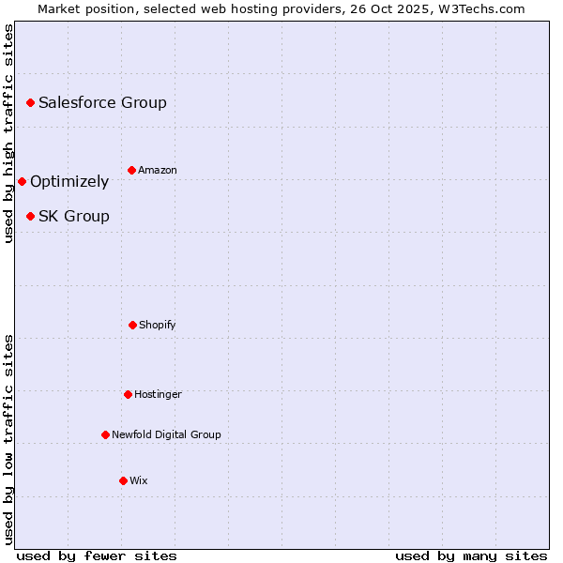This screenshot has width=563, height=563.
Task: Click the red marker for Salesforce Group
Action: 30,102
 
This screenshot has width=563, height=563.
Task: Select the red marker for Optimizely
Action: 22,181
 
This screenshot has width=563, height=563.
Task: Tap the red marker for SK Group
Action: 30,216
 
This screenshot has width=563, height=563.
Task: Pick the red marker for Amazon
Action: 131,170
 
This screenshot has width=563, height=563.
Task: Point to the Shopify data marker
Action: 132,325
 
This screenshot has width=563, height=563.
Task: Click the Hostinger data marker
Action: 128,394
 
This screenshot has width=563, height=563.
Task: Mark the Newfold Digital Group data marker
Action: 105,434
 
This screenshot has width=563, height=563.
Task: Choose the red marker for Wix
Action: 123,480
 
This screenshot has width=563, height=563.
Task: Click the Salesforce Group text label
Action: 102,102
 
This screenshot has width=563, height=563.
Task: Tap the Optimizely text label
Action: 69,182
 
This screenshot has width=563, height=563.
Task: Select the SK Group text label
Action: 74,216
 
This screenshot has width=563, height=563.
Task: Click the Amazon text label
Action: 158,170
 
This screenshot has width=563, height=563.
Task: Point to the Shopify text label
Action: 158,325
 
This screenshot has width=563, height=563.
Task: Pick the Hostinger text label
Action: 158,394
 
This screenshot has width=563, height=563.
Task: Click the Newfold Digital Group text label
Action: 166,434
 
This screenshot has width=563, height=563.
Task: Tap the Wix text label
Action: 139,480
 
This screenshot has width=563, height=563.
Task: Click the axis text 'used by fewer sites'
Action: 97,555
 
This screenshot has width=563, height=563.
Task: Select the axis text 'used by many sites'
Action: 471,555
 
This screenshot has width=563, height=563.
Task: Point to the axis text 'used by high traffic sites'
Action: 8,133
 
